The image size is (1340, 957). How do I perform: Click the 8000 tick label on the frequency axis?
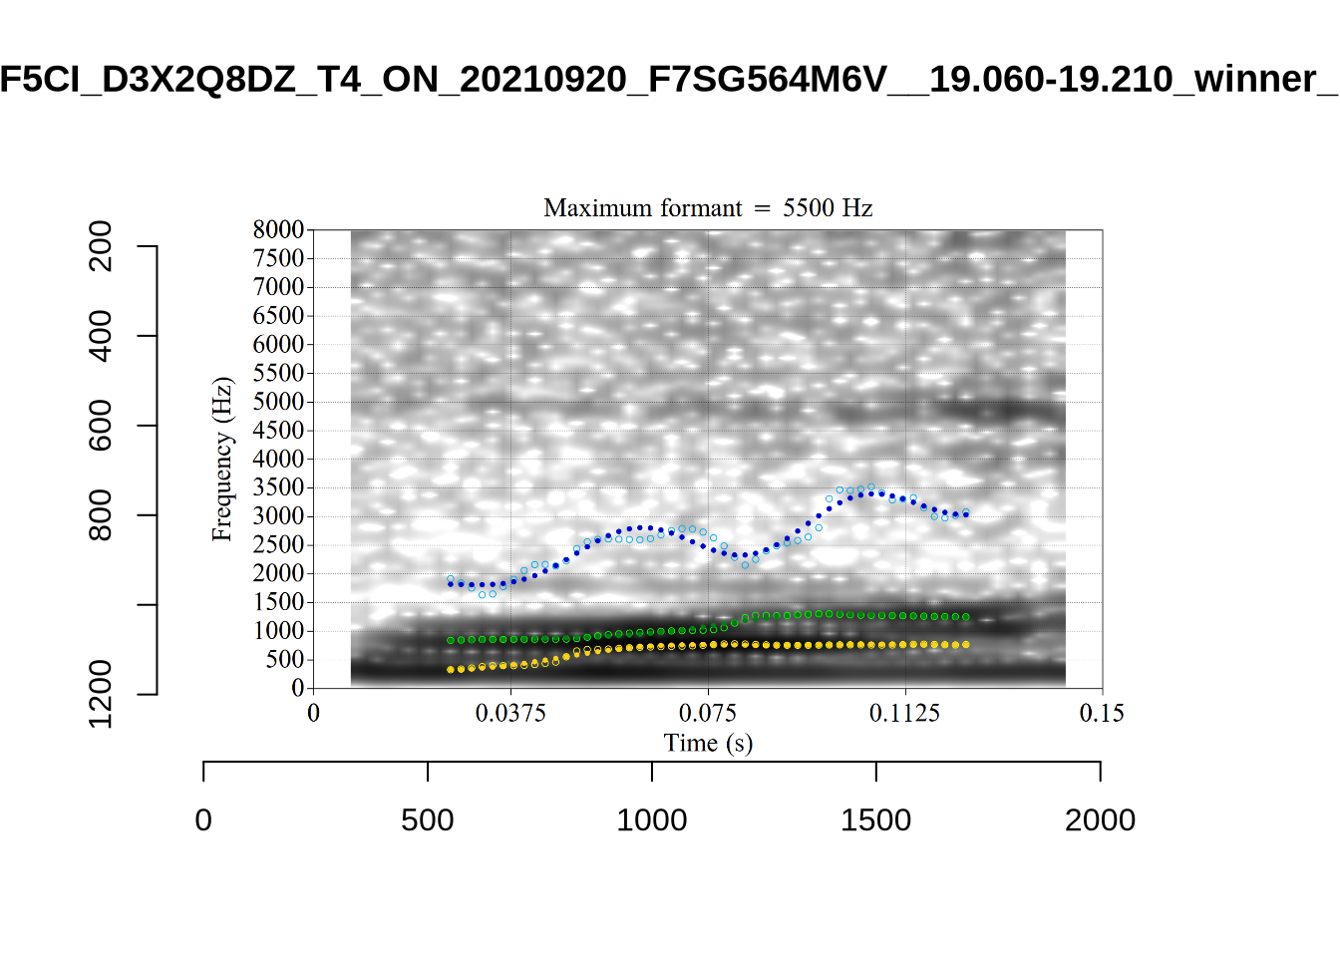point(278,230)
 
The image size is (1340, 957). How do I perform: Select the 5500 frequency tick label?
point(278,373)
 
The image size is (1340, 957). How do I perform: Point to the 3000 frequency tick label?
point(278,516)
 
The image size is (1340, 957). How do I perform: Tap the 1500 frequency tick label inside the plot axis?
point(278,602)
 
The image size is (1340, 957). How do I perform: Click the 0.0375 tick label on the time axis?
point(510,713)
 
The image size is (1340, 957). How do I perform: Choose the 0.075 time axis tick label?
point(708,713)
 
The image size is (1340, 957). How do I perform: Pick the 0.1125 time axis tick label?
point(904,713)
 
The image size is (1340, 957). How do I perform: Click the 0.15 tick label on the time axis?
point(1102,713)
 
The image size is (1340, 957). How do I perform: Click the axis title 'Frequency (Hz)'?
point(221,459)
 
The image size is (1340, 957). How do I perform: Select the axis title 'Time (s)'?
point(708,743)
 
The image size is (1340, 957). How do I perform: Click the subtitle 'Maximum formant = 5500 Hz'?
point(708,208)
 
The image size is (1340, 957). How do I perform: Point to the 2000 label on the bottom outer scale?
point(1100,820)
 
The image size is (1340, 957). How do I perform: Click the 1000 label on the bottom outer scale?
point(651,820)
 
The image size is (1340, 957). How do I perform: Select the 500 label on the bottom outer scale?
point(428,820)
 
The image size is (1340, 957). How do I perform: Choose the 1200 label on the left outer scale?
point(101,694)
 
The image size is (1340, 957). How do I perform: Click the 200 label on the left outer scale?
point(101,246)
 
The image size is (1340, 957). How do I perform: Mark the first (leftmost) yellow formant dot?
point(451,670)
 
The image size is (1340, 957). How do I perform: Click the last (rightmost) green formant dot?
point(965,617)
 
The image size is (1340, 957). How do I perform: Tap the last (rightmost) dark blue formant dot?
point(965,514)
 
